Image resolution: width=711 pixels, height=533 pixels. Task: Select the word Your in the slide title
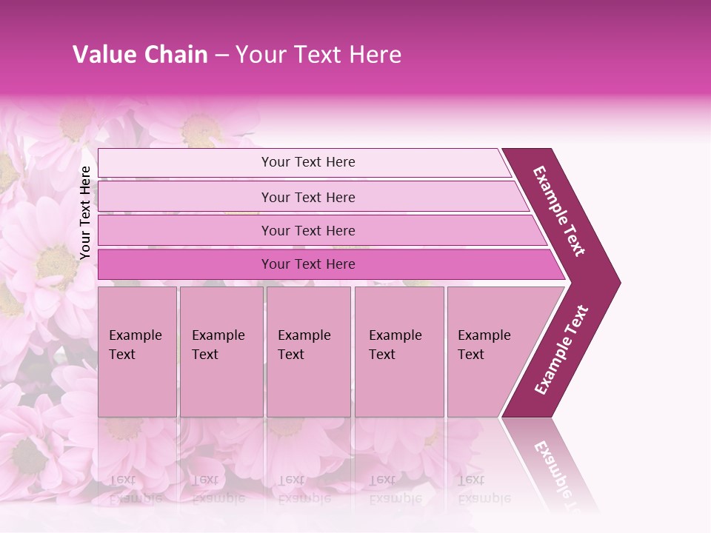tap(260, 55)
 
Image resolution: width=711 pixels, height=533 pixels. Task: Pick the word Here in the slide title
tap(376, 55)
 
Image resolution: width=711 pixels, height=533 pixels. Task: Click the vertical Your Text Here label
tap(85, 212)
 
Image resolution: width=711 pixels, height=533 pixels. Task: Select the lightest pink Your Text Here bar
tap(308, 162)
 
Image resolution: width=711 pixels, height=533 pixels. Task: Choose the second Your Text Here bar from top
tap(308, 197)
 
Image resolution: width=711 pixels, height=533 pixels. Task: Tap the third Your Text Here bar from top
tap(308, 230)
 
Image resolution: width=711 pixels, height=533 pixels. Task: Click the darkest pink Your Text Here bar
tap(308, 264)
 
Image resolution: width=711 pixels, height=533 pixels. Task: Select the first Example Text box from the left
tap(137, 352)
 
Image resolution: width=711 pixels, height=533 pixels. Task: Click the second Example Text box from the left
tap(221, 352)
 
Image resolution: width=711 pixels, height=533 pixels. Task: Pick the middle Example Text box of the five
tap(308, 352)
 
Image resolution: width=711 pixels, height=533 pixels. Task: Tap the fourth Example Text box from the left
tap(398, 352)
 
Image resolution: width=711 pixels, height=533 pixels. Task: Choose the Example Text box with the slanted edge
tap(489, 352)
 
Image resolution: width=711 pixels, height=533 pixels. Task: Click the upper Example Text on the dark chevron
tap(560, 211)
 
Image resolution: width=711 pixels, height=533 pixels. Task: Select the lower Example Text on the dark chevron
tap(562, 349)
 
